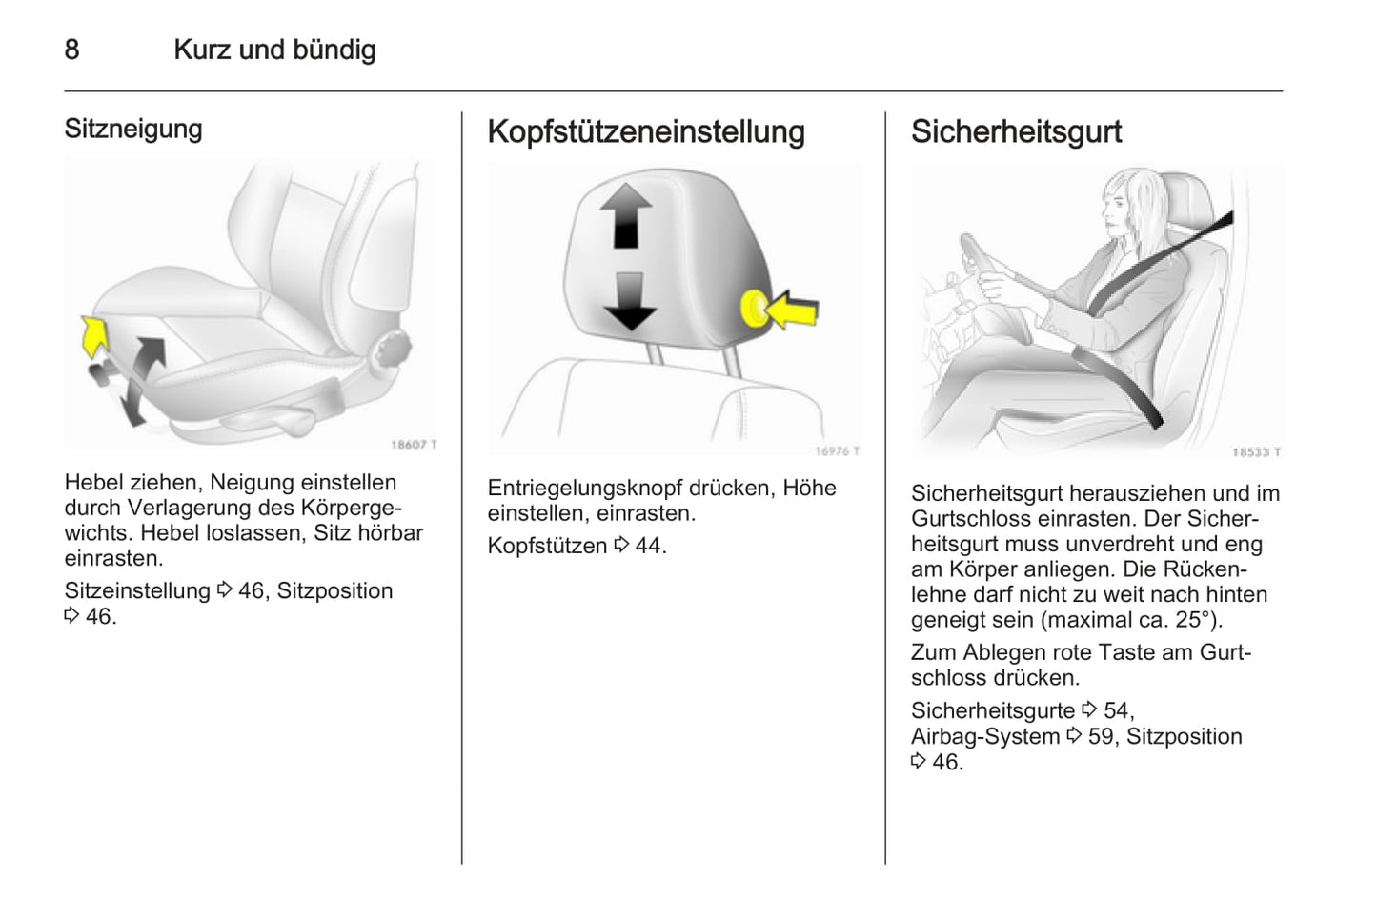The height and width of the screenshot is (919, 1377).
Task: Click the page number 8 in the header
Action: (x=71, y=50)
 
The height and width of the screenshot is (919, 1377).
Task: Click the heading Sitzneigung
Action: (x=133, y=129)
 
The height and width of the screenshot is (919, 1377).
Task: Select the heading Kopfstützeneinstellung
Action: (x=645, y=131)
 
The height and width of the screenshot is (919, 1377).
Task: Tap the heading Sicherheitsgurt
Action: (x=1016, y=131)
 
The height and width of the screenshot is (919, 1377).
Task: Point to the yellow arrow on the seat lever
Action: (x=93, y=336)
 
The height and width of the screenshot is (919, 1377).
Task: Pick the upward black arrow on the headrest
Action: (x=625, y=215)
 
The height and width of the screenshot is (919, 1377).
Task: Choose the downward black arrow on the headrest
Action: (x=629, y=300)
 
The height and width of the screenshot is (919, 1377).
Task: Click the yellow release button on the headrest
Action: (x=754, y=309)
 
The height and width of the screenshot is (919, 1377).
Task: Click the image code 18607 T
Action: (x=414, y=445)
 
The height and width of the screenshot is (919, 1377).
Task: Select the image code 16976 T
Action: (x=837, y=451)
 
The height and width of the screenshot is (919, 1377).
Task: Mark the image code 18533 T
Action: (x=1256, y=452)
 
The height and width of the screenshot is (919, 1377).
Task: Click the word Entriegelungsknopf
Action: (x=584, y=488)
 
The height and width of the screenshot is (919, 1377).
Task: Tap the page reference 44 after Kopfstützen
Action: (x=648, y=546)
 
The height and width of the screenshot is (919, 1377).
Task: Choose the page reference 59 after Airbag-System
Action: (x=1101, y=736)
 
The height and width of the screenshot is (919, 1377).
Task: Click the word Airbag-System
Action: (x=984, y=736)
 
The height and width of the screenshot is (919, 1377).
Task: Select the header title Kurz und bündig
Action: (x=274, y=50)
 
